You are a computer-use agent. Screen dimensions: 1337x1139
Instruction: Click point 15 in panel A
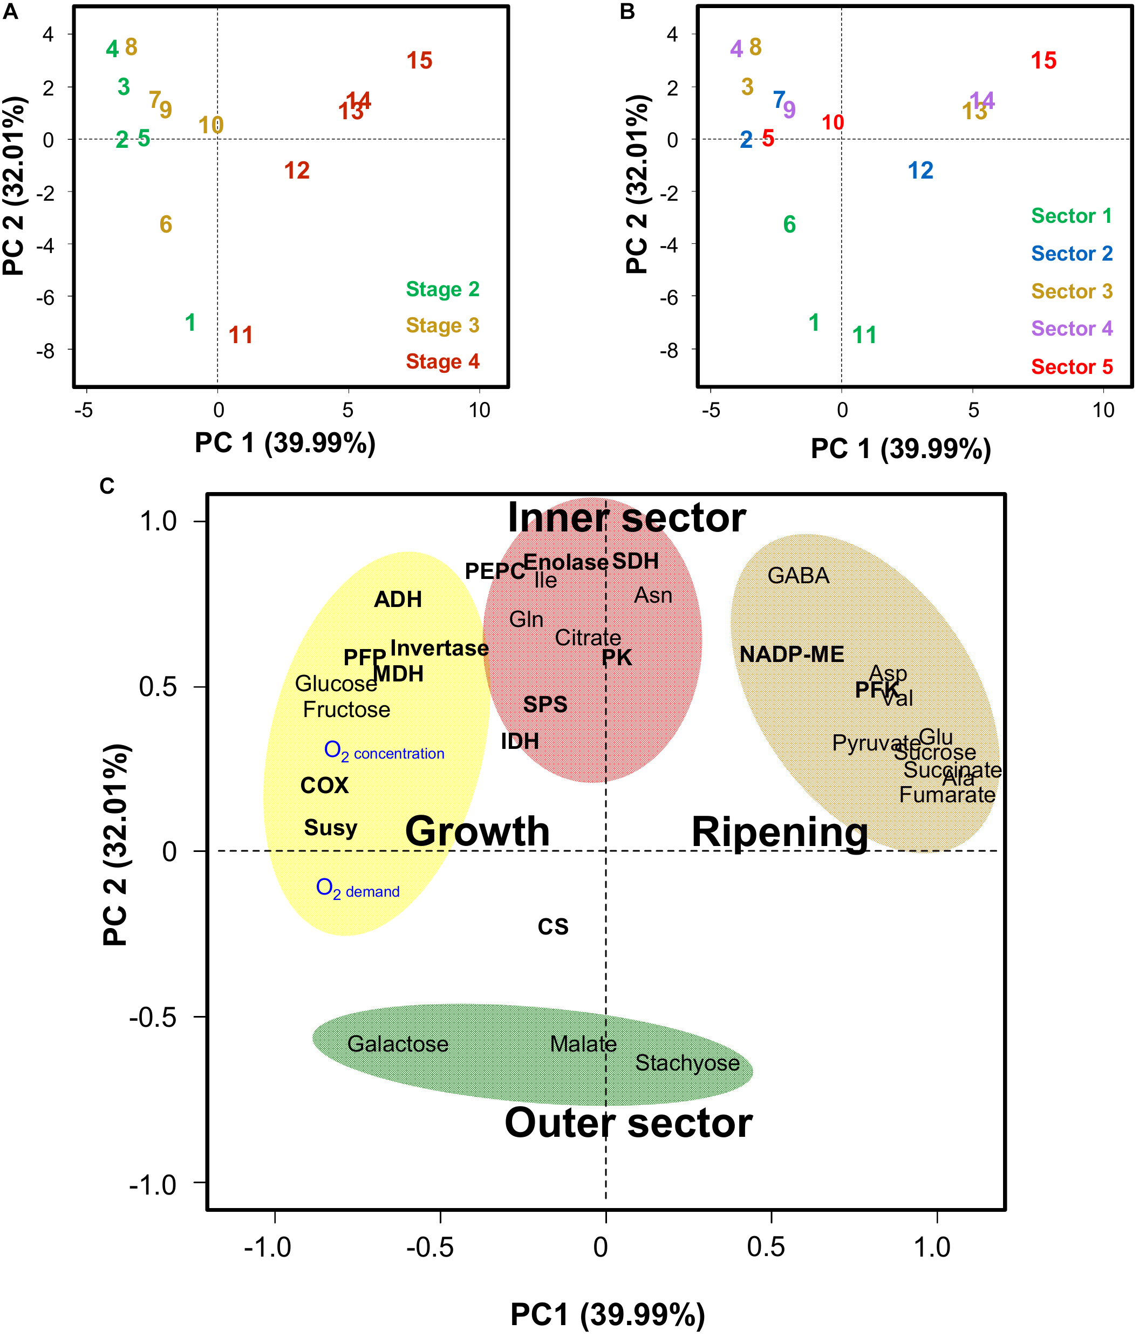419,60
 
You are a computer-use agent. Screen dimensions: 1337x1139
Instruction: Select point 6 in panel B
789,224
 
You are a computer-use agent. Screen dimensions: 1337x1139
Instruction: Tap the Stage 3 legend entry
442,325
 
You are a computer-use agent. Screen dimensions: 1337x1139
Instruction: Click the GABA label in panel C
797,576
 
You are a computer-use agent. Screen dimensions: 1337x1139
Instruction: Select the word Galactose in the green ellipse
398,1043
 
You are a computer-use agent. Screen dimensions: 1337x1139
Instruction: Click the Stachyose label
687,1063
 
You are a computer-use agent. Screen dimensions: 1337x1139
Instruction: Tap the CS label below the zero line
553,926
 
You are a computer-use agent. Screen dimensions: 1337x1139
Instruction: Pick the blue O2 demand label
358,889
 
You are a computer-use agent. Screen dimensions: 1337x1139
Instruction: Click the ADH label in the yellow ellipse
398,599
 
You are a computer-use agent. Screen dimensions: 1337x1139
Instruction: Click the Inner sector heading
626,518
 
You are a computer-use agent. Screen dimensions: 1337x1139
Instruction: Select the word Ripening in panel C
779,833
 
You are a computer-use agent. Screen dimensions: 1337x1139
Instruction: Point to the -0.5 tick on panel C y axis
152,1018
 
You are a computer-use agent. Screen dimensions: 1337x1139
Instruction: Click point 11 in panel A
240,335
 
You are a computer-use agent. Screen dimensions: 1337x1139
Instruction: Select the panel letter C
107,486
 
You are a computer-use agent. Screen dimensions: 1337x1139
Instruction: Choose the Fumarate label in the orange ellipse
947,794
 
